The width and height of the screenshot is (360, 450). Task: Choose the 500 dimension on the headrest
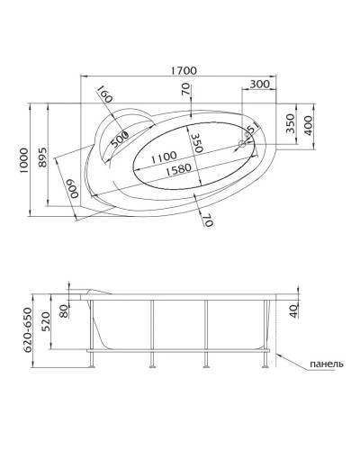click(x=119, y=140)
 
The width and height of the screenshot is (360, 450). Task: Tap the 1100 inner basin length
click(x=163, y=157)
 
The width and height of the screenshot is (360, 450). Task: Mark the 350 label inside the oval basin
click(x=194, y=144)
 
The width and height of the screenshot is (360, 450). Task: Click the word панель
click(x=325, y=364)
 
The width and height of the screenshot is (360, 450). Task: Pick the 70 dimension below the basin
click(x=206, y=220)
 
